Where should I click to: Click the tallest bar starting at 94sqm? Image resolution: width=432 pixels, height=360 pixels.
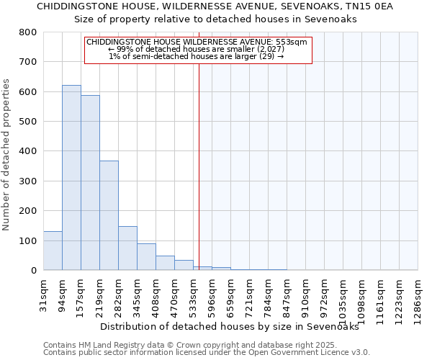(x=71, y=178)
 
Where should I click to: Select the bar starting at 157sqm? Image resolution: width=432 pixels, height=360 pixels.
(x=90, y=183)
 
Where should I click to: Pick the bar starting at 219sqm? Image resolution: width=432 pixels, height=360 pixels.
(x=109, y=215)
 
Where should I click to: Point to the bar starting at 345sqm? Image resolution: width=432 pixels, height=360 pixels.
(x=146, y=257)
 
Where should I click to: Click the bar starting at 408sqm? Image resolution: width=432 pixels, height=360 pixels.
(x=165, y=263)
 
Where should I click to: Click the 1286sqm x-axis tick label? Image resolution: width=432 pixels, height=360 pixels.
(x=418, y=297)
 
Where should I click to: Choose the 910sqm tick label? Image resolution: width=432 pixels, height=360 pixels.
(x=306, y=294)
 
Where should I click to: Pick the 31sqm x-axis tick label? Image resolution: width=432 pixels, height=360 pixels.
(x=44, y=292)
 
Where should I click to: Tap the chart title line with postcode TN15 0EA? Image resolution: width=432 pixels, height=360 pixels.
(x=215, y=6)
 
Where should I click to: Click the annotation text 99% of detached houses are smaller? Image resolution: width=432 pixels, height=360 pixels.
(x=197, y=49)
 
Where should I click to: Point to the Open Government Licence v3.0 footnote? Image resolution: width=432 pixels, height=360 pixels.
(x=207, y=352)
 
